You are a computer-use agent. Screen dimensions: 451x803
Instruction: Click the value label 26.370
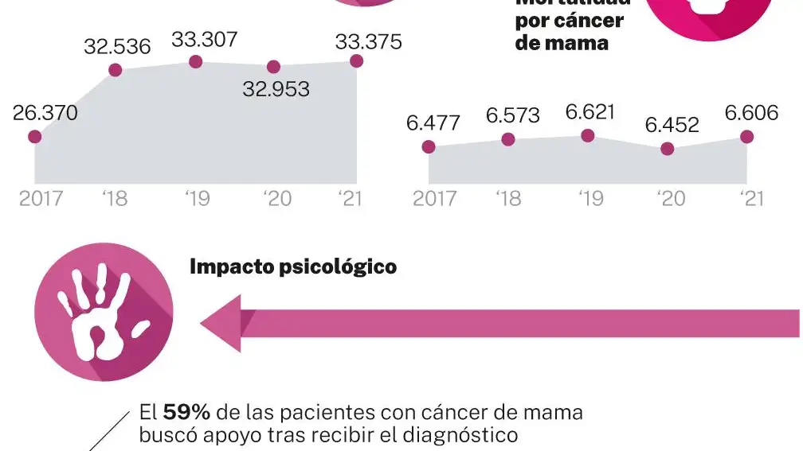tap(45, 114)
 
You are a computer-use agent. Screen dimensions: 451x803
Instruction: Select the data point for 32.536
tap(115, 70)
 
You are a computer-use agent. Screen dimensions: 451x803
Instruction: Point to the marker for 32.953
tap(273, 67)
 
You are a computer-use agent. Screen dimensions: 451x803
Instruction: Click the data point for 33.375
tap(356, 61)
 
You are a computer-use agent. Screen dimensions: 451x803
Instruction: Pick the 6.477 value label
tap(433, 124)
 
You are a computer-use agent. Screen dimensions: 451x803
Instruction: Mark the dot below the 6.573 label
tap(508, 140)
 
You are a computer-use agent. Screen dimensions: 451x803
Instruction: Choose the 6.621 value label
tap(590, 112)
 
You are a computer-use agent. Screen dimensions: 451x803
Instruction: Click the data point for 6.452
tap(668, 149)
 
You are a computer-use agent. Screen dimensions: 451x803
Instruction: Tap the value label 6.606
tap(750, 114)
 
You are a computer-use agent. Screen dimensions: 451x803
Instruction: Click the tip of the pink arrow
tap(203, 323)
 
